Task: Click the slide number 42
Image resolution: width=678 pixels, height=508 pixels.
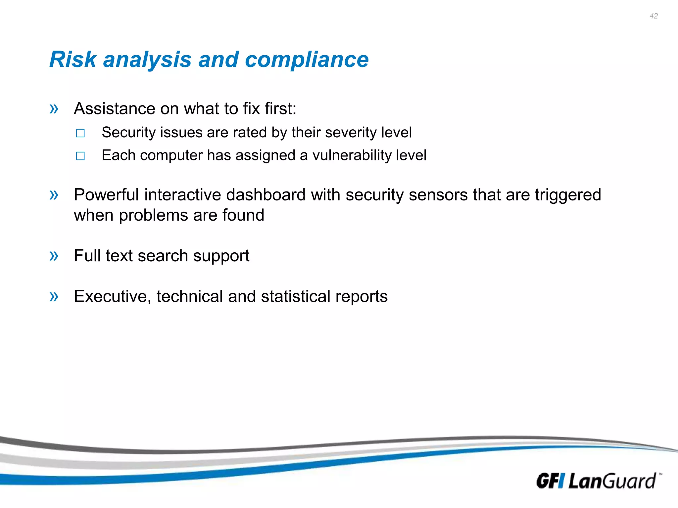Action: [x=654, y=16]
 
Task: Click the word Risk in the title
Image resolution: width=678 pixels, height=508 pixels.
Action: [x=73, y=60]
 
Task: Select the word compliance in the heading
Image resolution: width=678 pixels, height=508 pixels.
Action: [x=307, y=60]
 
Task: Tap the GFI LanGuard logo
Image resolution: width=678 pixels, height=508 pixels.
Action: [x=598, y=481]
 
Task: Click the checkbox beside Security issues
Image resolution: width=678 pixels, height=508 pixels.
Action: [x=80, y=133]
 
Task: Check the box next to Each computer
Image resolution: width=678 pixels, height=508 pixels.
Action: [x=80, y=156]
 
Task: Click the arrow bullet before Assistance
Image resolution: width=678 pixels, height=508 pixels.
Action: [x=54, y=108]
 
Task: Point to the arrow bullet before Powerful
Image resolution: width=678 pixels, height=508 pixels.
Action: [x=54, y=195]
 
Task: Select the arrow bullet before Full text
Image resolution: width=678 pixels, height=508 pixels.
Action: [x=54, y=256]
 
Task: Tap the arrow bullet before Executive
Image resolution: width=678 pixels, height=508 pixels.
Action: [x=54, y=296]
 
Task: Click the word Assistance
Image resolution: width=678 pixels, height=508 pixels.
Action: [x=115, y=108]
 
